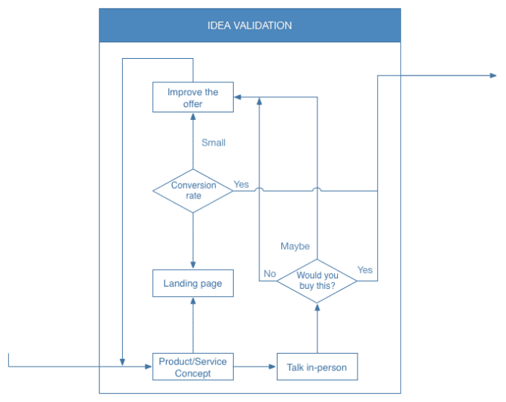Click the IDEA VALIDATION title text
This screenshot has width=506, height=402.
click(x=250, y=26)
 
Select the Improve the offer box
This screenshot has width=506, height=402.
click(x=193, y=98)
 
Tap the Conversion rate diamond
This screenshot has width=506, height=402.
click(x=193, y=191)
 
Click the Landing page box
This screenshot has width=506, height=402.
click(x=193, y=284)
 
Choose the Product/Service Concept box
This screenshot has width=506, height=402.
click(x=193, y=367)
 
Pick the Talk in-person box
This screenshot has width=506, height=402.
click(x=317, y=367)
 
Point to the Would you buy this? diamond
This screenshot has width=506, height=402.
click(x=317, y=281)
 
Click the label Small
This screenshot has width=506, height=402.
click(x=213, y=143)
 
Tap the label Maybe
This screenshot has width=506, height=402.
click(x=295, y=247)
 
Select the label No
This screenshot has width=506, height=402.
click(x=269, y=273)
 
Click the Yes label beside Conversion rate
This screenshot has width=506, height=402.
click(x=241, y=184)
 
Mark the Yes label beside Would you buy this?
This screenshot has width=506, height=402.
click(x=365, y=270)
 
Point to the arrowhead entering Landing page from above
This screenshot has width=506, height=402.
click(x=193, y=265)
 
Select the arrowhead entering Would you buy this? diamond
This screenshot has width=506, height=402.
click(x=317, y=307)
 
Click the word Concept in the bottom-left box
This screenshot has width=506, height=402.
click(x=193, y=373)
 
